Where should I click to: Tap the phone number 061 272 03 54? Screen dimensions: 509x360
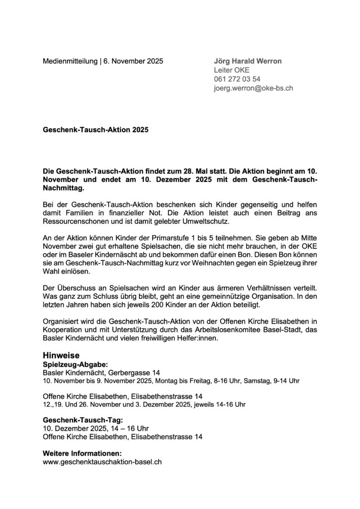[x=237, y=79]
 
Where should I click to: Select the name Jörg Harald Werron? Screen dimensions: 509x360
[x=247, y=61]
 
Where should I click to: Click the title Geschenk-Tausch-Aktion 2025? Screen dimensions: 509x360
[x=95, y=130]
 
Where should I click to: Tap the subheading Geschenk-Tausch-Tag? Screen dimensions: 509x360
[x=79, y=419]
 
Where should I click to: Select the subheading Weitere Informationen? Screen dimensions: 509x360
[x=82, y=453]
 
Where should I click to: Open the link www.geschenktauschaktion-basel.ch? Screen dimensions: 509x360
[x=102, y=462]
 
